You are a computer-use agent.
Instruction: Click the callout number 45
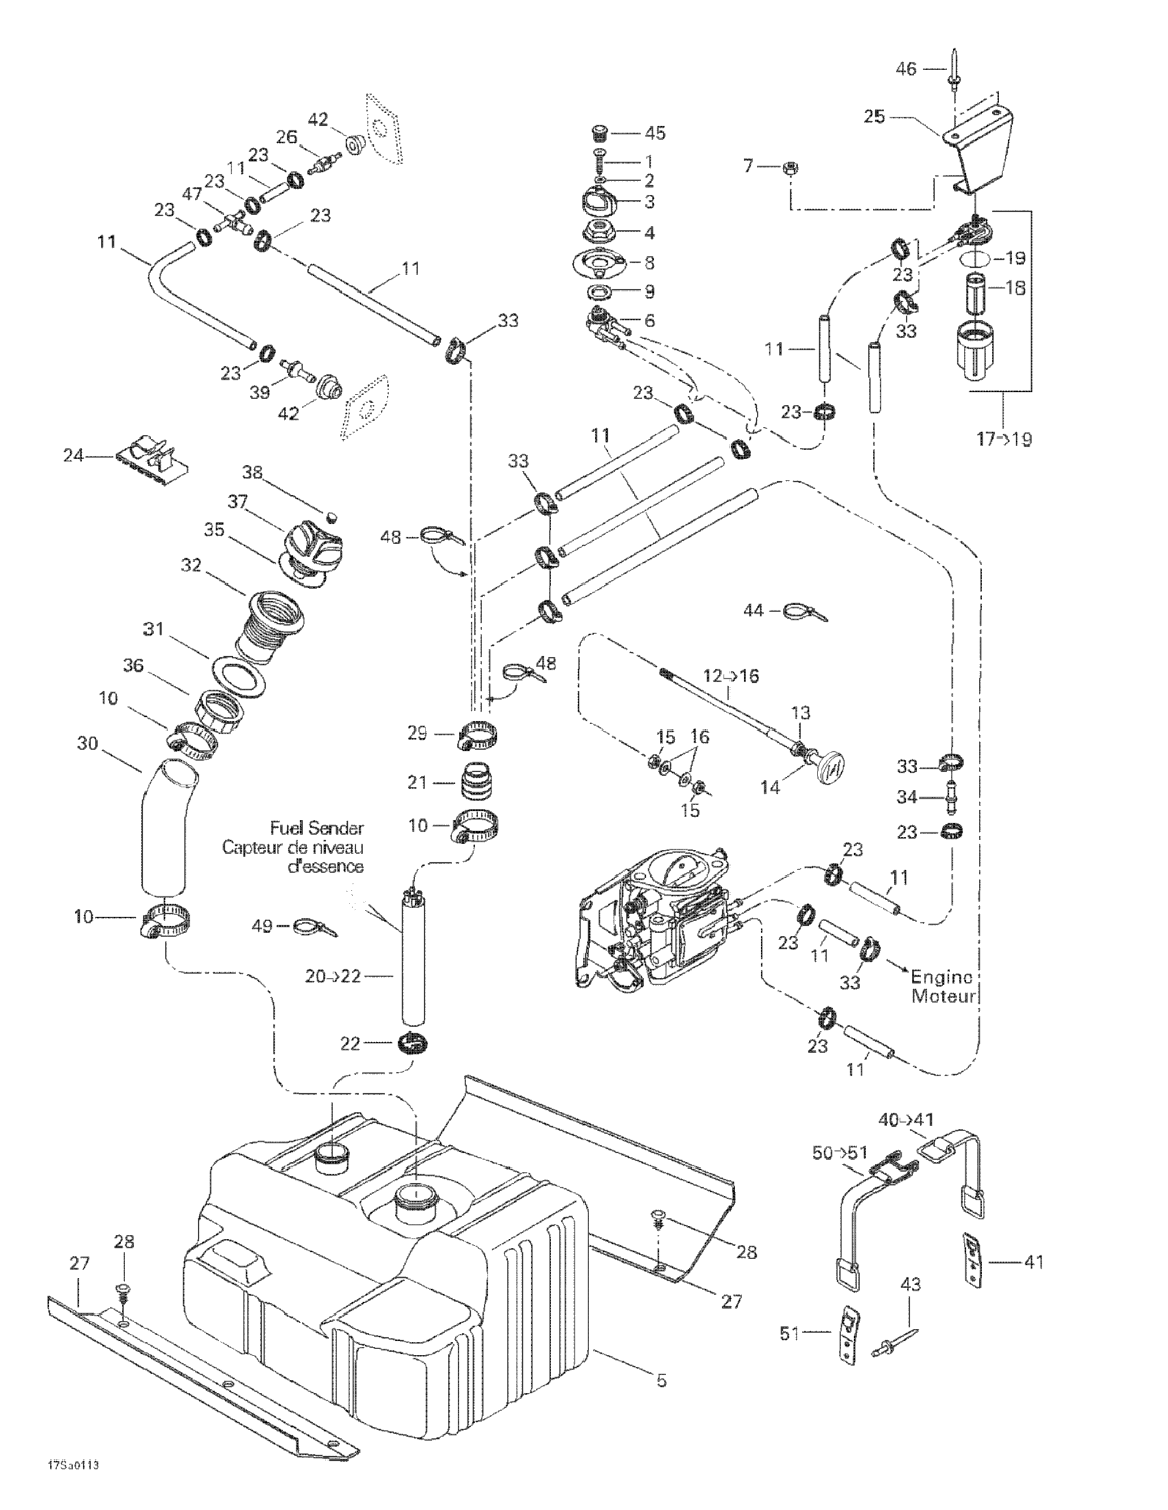(x=655, y=132)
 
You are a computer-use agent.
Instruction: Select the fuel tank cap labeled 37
(x=314, y=544)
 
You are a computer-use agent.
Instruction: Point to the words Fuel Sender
(x=317, y=828)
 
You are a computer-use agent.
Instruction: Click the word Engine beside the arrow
(x=941, y=977)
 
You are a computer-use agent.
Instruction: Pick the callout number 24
(x=73, y=455)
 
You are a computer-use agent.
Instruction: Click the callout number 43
(x=911, y=1285)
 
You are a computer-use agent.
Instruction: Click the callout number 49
(x=262, y=926)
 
